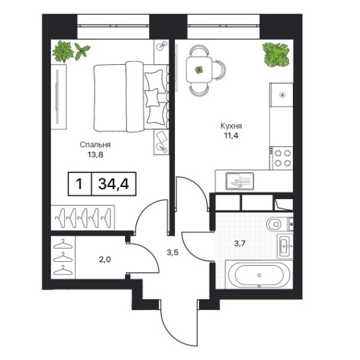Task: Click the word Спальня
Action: point(95,145)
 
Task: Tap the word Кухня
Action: point(231,126)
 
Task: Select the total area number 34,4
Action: point(114,184)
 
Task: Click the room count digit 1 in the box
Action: point(79,184)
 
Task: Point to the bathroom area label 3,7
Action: point(239,244)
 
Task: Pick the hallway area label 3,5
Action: point(173,253)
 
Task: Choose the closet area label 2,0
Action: point(105,260)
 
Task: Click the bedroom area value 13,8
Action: point(95,155)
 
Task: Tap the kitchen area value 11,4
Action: point(231,136)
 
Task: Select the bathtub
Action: point(259,275)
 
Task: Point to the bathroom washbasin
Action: point(285,246)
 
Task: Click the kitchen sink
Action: point(239,181)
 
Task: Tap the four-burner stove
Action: point(282,158)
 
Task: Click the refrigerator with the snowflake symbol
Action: point(282,95)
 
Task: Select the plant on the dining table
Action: point(199,70)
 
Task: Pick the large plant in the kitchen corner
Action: point(276,54)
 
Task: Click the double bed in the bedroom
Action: point(131,97)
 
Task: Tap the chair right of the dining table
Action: point(220,70)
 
